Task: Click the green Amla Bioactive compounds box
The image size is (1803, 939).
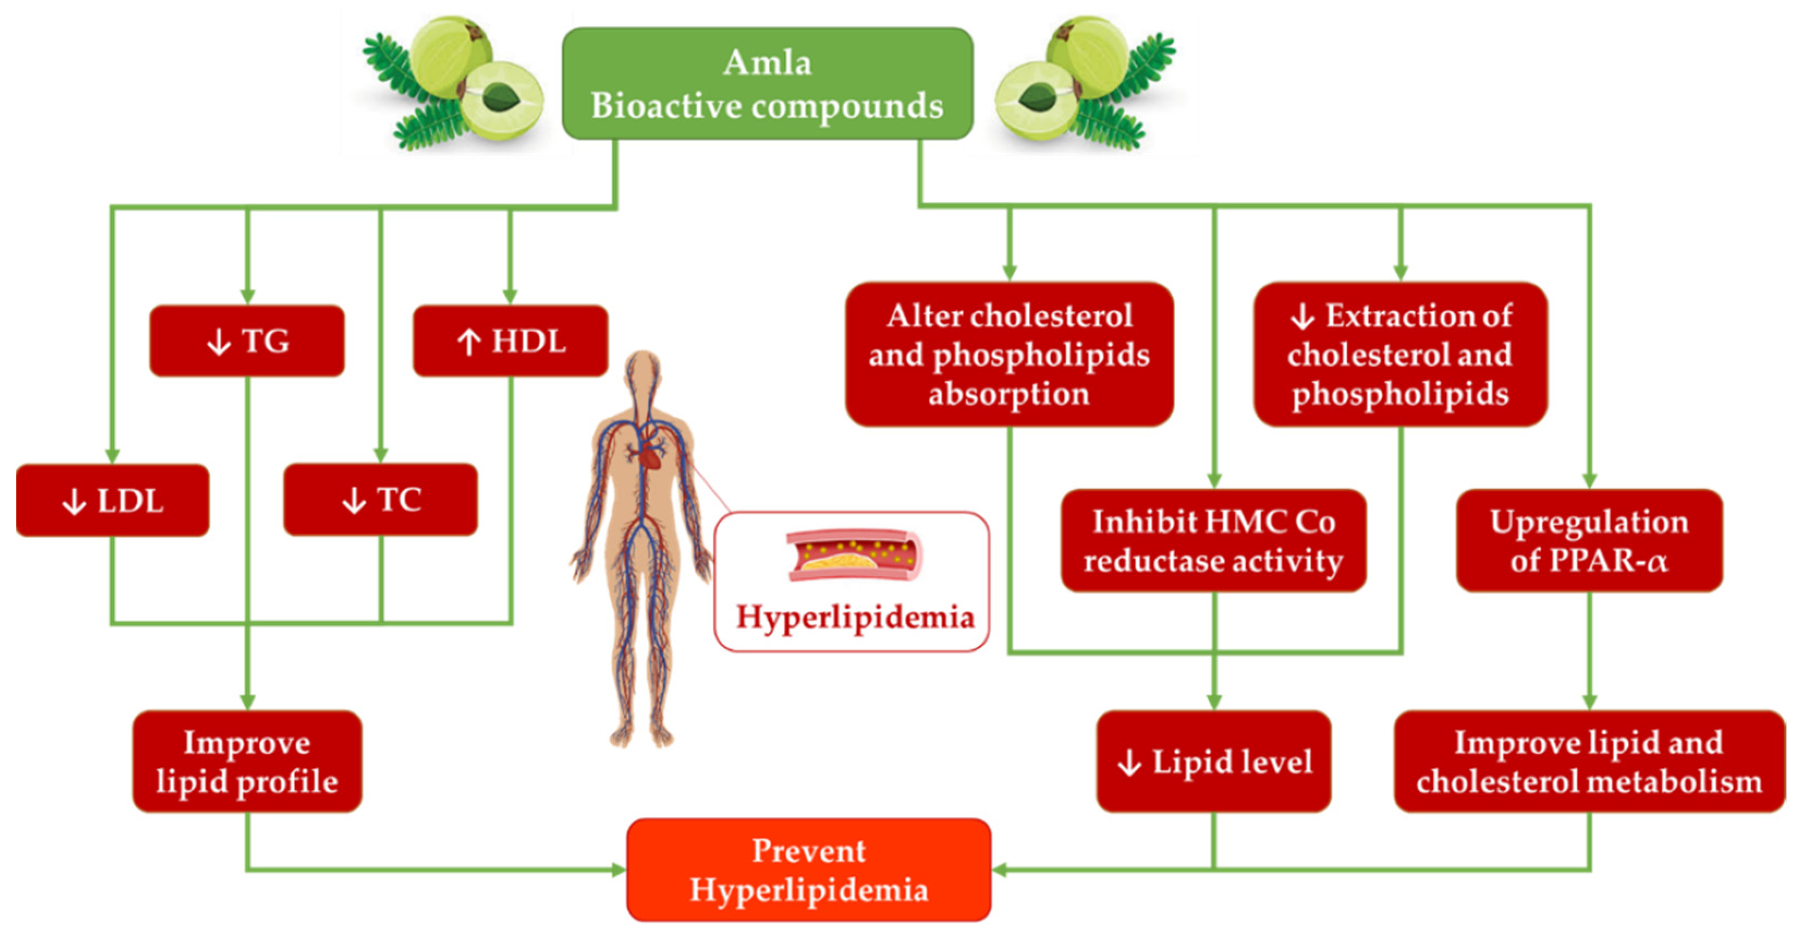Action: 767,84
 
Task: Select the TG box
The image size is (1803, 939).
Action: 247,341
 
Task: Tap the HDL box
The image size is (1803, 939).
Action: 510,341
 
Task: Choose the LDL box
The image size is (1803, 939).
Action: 113,501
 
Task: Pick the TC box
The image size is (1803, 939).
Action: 380,499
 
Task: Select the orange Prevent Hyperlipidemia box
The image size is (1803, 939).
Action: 809,870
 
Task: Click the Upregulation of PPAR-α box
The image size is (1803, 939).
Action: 1589,540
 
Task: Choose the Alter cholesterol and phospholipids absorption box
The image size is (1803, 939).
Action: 1009,355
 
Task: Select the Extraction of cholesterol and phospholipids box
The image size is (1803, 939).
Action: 1400,355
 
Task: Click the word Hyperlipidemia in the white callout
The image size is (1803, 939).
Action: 854,618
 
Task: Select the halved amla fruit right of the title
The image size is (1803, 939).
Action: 1037,100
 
